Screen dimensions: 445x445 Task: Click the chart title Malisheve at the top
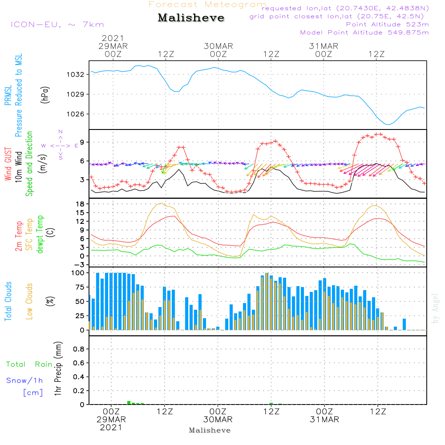(x=191, y=18)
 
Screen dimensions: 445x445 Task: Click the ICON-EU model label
(x=57, y=24)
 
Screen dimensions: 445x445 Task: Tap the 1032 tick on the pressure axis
(x=76, y=74)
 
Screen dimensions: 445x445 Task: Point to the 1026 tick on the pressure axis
(x=76, y=114)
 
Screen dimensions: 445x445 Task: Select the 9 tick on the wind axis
(x=82, y=142)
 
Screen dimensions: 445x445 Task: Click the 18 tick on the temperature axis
(x=81, y=204)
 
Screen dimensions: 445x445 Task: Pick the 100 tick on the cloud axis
(x=78, y=273)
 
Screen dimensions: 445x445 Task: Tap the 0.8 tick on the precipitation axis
(x=79, y=349)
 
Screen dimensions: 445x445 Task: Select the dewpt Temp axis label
(x=40, y=235)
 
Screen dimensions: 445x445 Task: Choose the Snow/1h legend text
(x=24, y=381)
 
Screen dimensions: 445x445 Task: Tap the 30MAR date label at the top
(x=218, y=46)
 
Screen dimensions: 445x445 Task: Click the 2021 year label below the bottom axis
(x=111, y=428)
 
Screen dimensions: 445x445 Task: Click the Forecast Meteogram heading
(x=207, y=4)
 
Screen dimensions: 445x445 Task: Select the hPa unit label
(x=45, y=94)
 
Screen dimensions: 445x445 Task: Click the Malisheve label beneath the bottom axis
(x=210, y=430)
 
